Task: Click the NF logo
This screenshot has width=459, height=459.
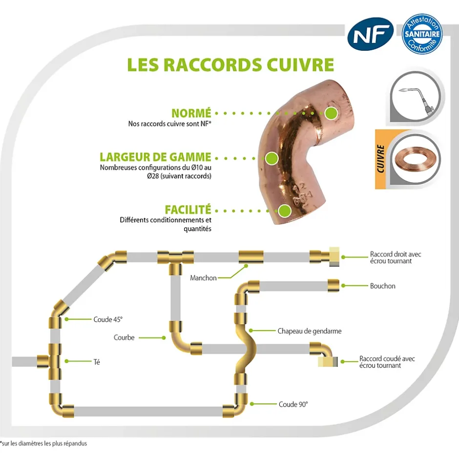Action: point(371,33)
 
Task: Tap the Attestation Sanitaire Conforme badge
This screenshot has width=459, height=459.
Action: point(421,34)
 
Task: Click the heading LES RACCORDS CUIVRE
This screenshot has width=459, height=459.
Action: point(230,65)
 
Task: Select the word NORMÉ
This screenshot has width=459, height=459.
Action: point(191,113)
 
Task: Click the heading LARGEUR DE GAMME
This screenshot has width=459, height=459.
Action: point(155,157)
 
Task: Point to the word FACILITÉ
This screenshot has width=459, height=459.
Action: point(188,210)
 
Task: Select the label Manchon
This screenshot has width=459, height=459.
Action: point(203,278)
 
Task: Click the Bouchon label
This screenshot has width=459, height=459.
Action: point(383,286)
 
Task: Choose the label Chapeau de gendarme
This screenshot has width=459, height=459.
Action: point(309,331)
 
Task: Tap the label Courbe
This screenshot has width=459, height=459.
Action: point(124,337)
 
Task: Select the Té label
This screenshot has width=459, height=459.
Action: point(97,361)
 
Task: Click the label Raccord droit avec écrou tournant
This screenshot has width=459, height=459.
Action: point(396,258)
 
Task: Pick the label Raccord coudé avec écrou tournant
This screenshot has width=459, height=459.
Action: point(387,362)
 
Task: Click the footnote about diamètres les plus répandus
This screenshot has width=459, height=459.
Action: point(43,443)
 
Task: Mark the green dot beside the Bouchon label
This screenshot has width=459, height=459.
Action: point(343,286)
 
